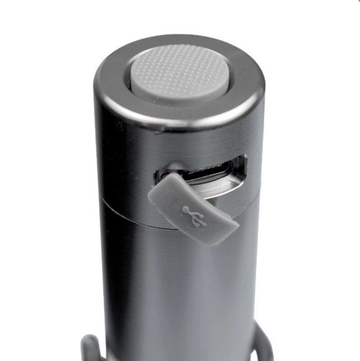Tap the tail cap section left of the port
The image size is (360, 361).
124,168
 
